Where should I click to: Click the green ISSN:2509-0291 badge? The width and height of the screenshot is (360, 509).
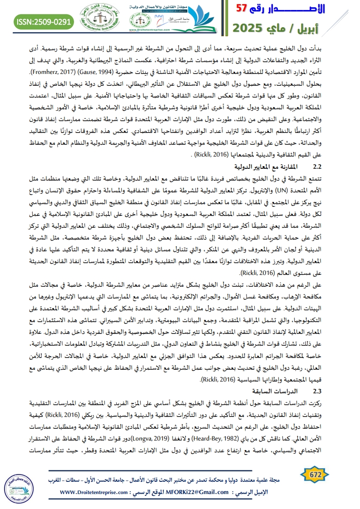pos(43,20)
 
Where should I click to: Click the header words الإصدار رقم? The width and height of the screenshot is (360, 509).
pos(305,10)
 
